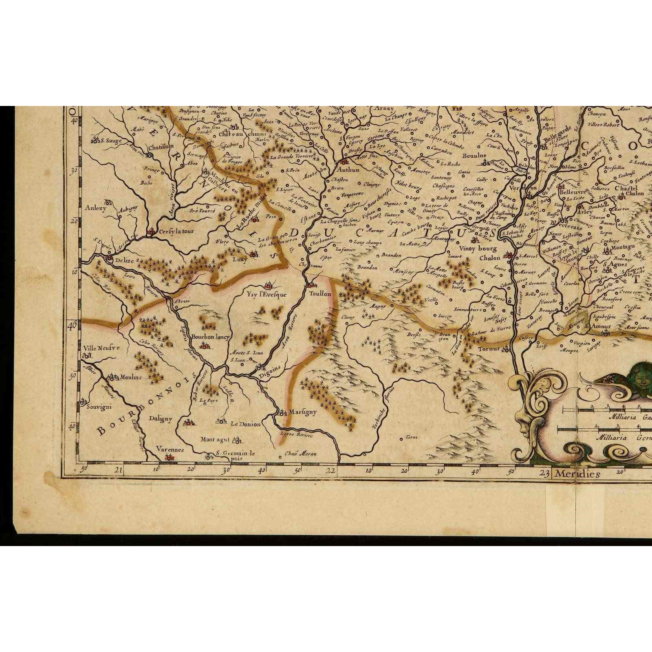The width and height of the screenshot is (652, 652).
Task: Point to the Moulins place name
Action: click(x=130, y=377)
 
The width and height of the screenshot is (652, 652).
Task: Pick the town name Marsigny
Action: click(x=302, y=412)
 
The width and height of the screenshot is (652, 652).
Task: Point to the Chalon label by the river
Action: click(x=490, y=258)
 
